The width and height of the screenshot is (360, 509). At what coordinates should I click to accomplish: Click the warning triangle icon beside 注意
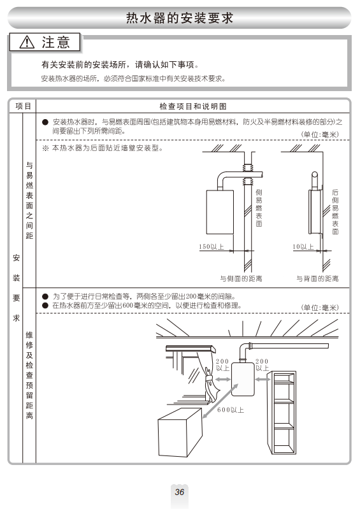coord(27,42)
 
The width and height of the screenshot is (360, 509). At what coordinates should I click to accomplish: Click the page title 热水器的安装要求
coord(180,18)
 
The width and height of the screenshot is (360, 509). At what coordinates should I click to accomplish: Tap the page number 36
coord(180,492)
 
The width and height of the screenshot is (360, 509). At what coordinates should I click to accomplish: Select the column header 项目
coord(23,106)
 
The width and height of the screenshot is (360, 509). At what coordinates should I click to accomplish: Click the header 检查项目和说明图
coord(193,106)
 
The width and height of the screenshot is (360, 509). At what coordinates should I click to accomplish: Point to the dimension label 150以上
coord(212,247)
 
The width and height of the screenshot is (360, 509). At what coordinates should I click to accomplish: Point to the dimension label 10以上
coord(303,247)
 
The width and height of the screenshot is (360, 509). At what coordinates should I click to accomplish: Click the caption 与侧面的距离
coord(241,278)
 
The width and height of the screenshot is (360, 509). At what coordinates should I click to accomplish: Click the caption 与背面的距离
coord(317,278)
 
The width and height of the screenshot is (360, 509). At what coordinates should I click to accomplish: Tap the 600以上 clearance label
coord(231,410)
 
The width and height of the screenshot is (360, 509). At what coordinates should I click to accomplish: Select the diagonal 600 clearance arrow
coord(220,401)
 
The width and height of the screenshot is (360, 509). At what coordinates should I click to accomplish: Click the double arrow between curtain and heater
coord(222,379)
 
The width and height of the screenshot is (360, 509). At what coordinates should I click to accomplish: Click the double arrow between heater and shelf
coord(263,379)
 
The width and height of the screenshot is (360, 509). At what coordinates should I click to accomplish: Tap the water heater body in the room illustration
coord(243,379)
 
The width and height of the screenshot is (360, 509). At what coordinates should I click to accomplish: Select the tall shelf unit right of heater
coord(282,413)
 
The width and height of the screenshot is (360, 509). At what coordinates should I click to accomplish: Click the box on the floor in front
coord(180,432)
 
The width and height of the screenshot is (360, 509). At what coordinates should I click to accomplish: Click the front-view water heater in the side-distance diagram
coord(220,212)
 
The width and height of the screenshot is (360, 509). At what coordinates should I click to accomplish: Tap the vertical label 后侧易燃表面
coord(335,211)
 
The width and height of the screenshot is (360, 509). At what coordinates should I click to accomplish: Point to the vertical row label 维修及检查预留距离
coord(29,375)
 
